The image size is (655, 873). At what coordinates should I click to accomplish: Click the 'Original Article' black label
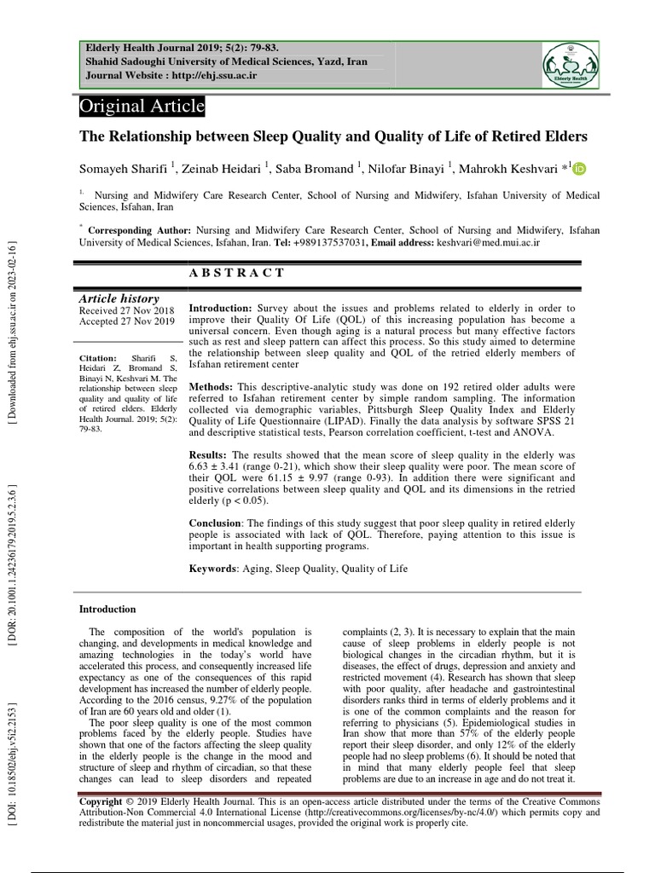coord(142,107)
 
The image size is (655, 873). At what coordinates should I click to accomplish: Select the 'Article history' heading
coord(119,298)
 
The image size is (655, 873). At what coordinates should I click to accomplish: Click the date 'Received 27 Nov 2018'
coord(125,310)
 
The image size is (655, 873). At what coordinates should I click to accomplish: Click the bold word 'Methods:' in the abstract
coord(211,386)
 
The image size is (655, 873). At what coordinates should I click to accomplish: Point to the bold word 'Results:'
coord(207,455)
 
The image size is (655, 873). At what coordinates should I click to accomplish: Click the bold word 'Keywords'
coord(212,569)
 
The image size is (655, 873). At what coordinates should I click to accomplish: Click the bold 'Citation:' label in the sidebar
coord(98,358)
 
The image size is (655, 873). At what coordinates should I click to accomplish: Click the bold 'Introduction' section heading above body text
coord(107,609)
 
